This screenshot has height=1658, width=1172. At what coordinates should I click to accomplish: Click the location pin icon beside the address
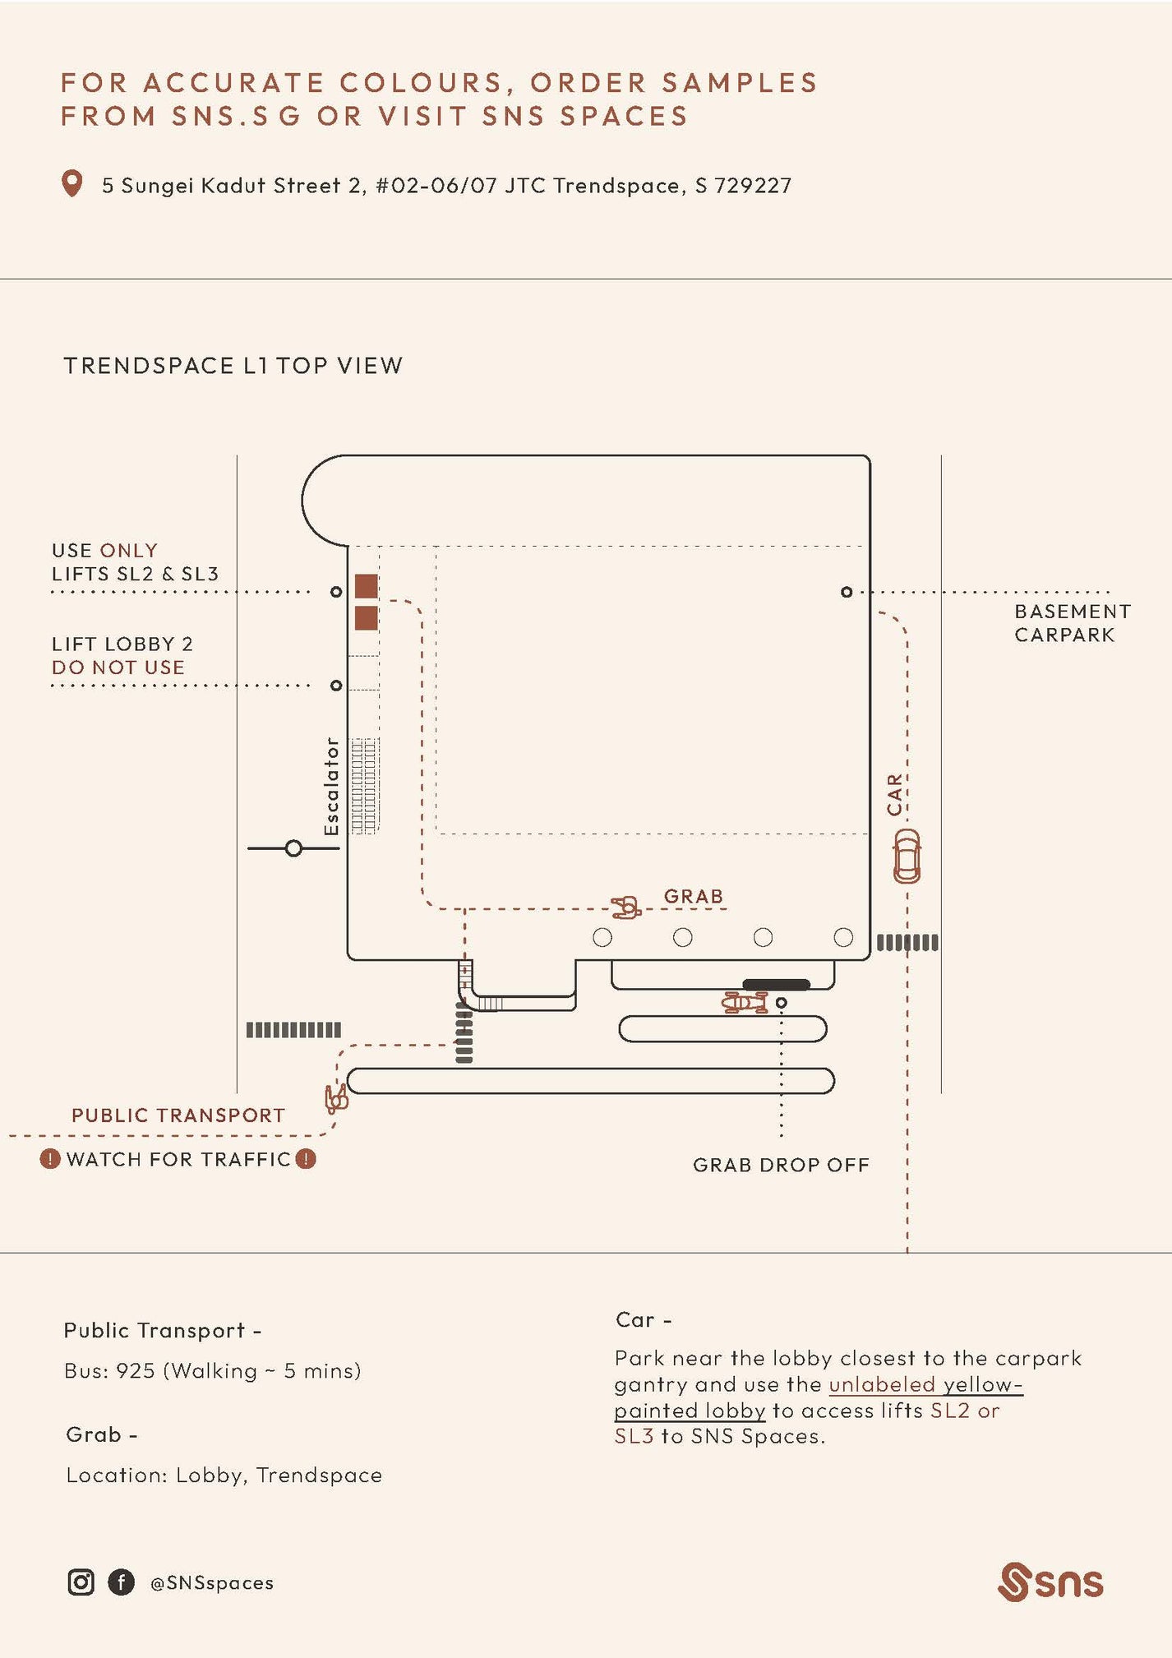[x=72, y=183]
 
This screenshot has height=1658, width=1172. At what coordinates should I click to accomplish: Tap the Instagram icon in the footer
[x=81, y=1582]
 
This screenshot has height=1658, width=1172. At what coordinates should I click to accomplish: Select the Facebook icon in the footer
[x=121, y=1582]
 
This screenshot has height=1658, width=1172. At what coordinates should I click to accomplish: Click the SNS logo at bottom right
[x=1050, y=1582]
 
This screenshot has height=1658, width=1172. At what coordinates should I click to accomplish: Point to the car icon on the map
[x=907, y=857]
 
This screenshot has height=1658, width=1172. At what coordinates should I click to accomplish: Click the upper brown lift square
[x=366, y=586]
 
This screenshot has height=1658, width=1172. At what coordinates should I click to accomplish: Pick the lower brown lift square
[x=366, y=617]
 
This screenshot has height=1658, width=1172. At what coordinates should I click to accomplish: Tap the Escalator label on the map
[x=331, y=786]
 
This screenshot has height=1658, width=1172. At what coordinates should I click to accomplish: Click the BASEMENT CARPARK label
[x=1072, y=623]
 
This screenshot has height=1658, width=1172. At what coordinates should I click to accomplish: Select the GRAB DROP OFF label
[x=781, y=1165]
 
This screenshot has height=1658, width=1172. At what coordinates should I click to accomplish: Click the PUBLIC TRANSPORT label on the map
[x=178, y=1115]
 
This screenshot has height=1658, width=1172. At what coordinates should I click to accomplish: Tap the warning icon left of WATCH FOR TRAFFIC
[x=50, y=1159]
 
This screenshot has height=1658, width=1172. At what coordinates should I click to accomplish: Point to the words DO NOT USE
[x=118, y=667]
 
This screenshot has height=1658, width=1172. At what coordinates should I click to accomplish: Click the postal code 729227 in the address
[x=753, y=186]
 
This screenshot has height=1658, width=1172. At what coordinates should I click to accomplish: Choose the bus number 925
[x=136, y=1371]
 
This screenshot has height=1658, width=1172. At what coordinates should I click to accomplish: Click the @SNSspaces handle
[x=212, y=1582]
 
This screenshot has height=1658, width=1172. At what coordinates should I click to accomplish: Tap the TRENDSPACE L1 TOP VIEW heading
[x=233, y=366]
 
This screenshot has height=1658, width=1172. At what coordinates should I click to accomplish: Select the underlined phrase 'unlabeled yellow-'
[x=925, y=1384]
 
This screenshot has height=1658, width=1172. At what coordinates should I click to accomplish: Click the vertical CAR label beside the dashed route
[x=894, y=794]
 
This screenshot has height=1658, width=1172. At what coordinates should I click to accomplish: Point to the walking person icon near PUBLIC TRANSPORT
[x=336, y=1097]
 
